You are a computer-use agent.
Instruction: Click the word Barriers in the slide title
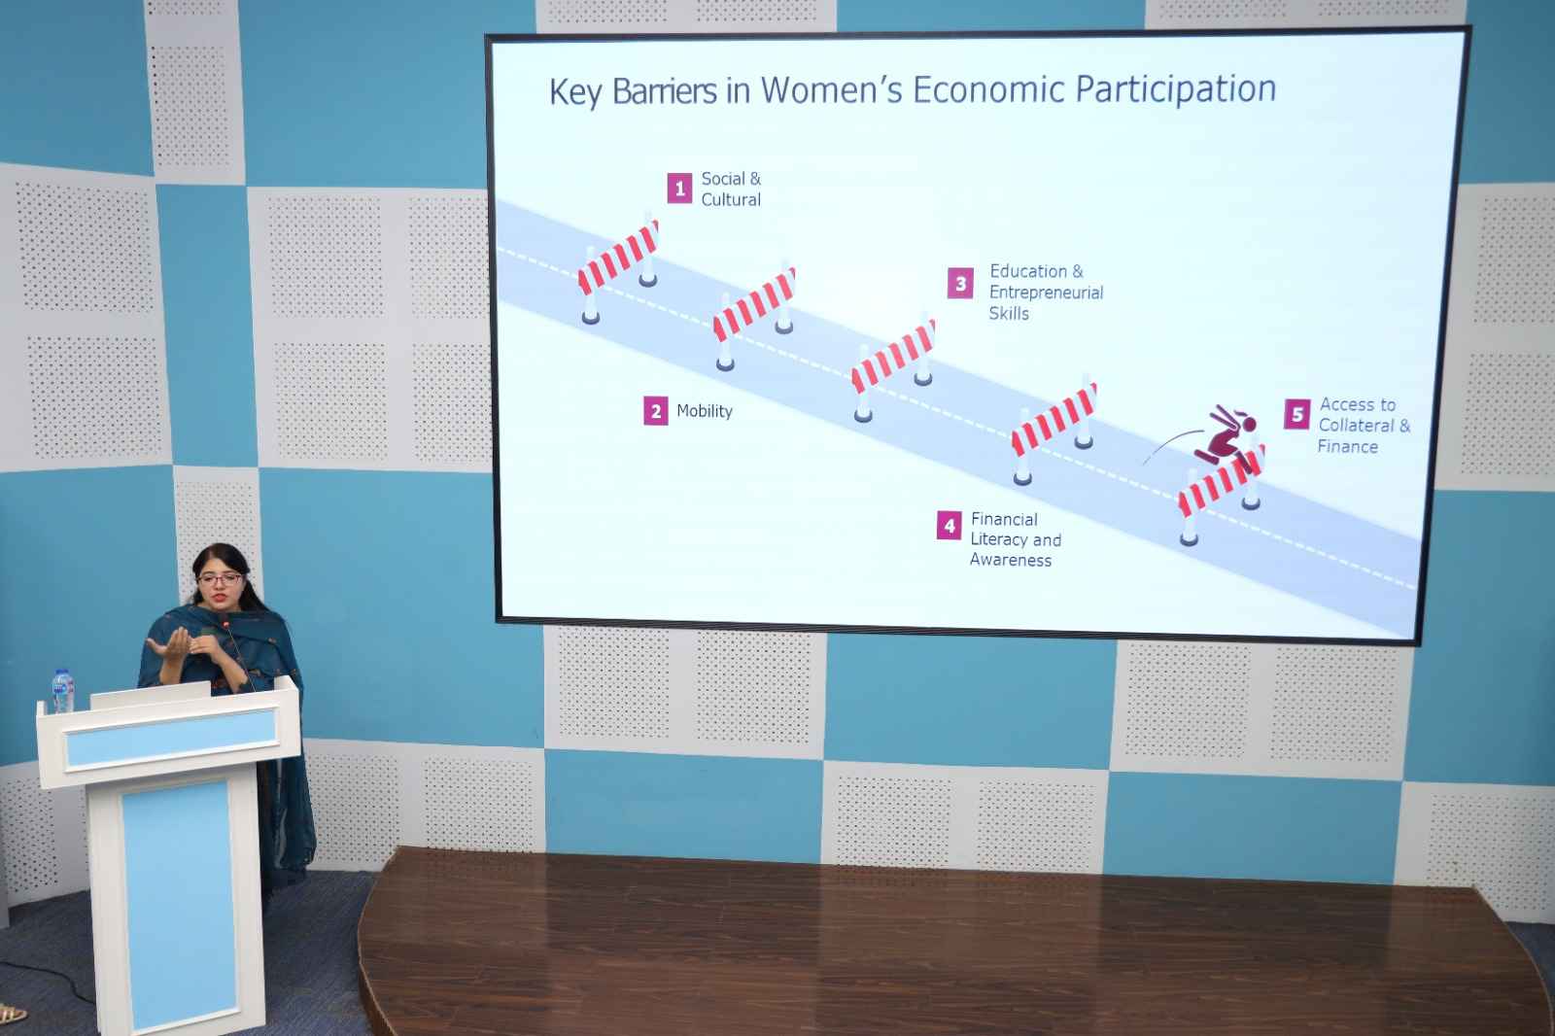click(x=665, y=91)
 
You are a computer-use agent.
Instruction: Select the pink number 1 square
click(x=679, y=189)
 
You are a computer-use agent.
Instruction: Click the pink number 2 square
click(x=655, y=411)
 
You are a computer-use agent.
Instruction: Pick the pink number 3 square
click(x=961, y=284)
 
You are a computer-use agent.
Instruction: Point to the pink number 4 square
click(x=949, y=526)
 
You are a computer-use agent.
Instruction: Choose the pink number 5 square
click(x=1296, y=414)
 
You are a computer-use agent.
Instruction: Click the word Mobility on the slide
click(x=705, y=411)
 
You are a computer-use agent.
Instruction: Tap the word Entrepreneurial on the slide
click(x=1046, y=293)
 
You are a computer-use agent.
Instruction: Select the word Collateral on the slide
click(x=1357, y=425)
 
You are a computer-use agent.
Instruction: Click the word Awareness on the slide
click(x=1011, y=560)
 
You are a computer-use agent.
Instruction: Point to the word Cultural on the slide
click(x=731, y=199)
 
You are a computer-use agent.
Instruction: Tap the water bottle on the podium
click(x=62, y=691)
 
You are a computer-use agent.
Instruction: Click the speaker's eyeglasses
click(x=220, y=578)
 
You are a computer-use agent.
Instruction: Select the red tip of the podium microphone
click(x=225, y=625)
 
